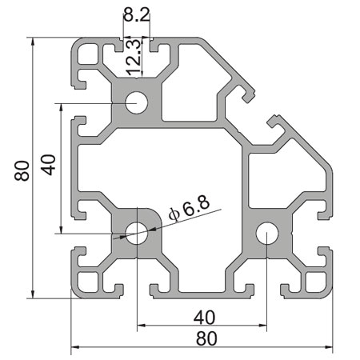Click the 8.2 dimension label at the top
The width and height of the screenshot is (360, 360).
pyautogui.click(x=135, y=14)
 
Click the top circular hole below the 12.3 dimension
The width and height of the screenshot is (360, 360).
pyautogui.click(x=136, y=103)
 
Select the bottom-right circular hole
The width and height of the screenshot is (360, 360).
pyautogui.click(x=266, y=234)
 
